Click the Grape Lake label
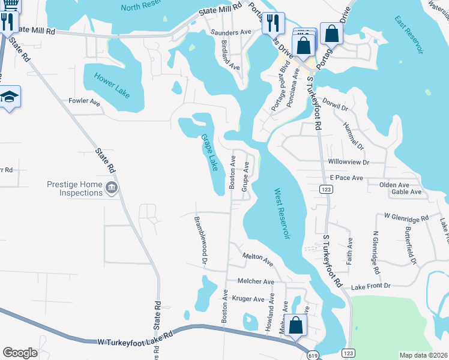(x=209, y=152)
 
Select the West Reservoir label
(x=282, y=214)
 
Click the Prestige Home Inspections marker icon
(x=111, y=189)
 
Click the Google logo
(x=20, y=353)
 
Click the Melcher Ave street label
(x=256, y=281)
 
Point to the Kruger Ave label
(x=248, y=299)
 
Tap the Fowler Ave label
(x=85, y=101)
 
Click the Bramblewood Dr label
(x=200, y=241)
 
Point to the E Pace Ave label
(x=346, y=178)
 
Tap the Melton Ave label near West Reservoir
(x=258, y=259)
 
